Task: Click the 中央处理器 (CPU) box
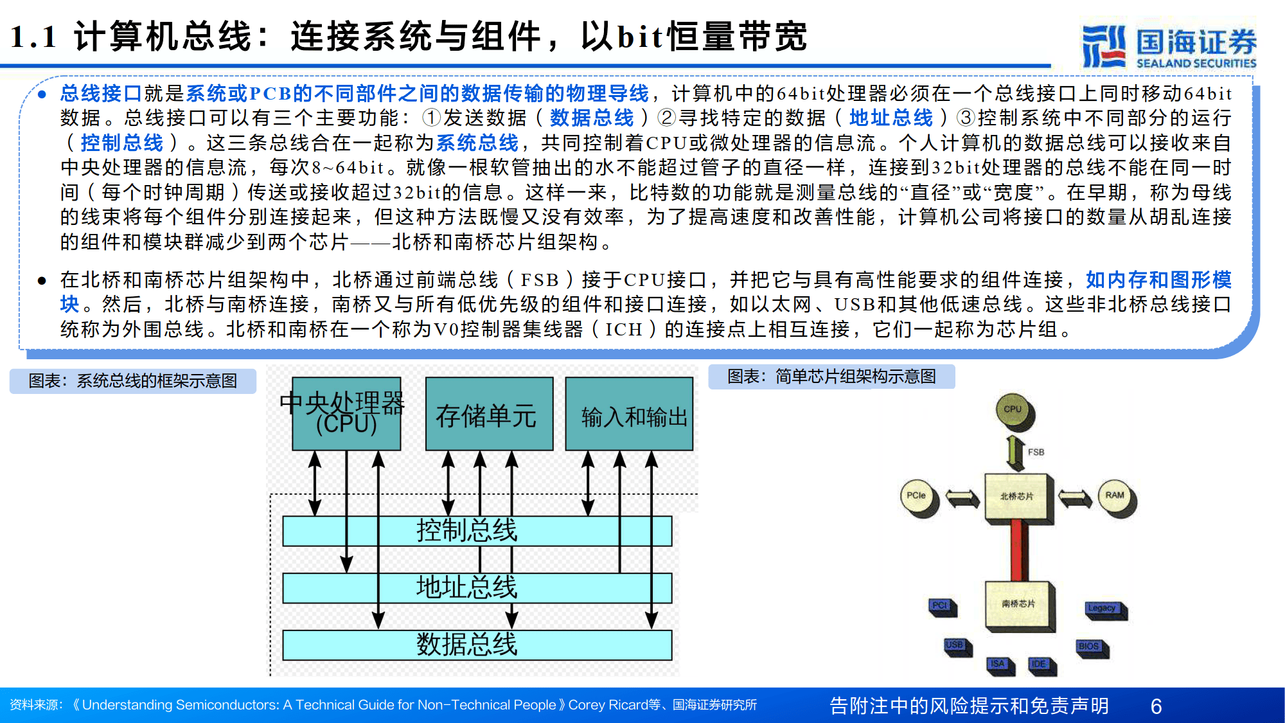(x=346, y=413)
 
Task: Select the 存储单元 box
(x=489, y=415)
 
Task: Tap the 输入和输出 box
(x=629, y=415)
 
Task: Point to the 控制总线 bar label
(x=466, y=531)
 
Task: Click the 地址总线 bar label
(x=466, y=587)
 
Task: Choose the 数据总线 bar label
(x=466, y=644)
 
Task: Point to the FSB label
(x=1036, y=452)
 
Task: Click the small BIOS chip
(x=1090, y=647)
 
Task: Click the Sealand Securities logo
(x=1169, y=46)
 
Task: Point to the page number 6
(x=1156, y=706)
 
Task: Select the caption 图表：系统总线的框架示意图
(x=133, y=381)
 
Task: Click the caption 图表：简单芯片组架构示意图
(x=831, y=377)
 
